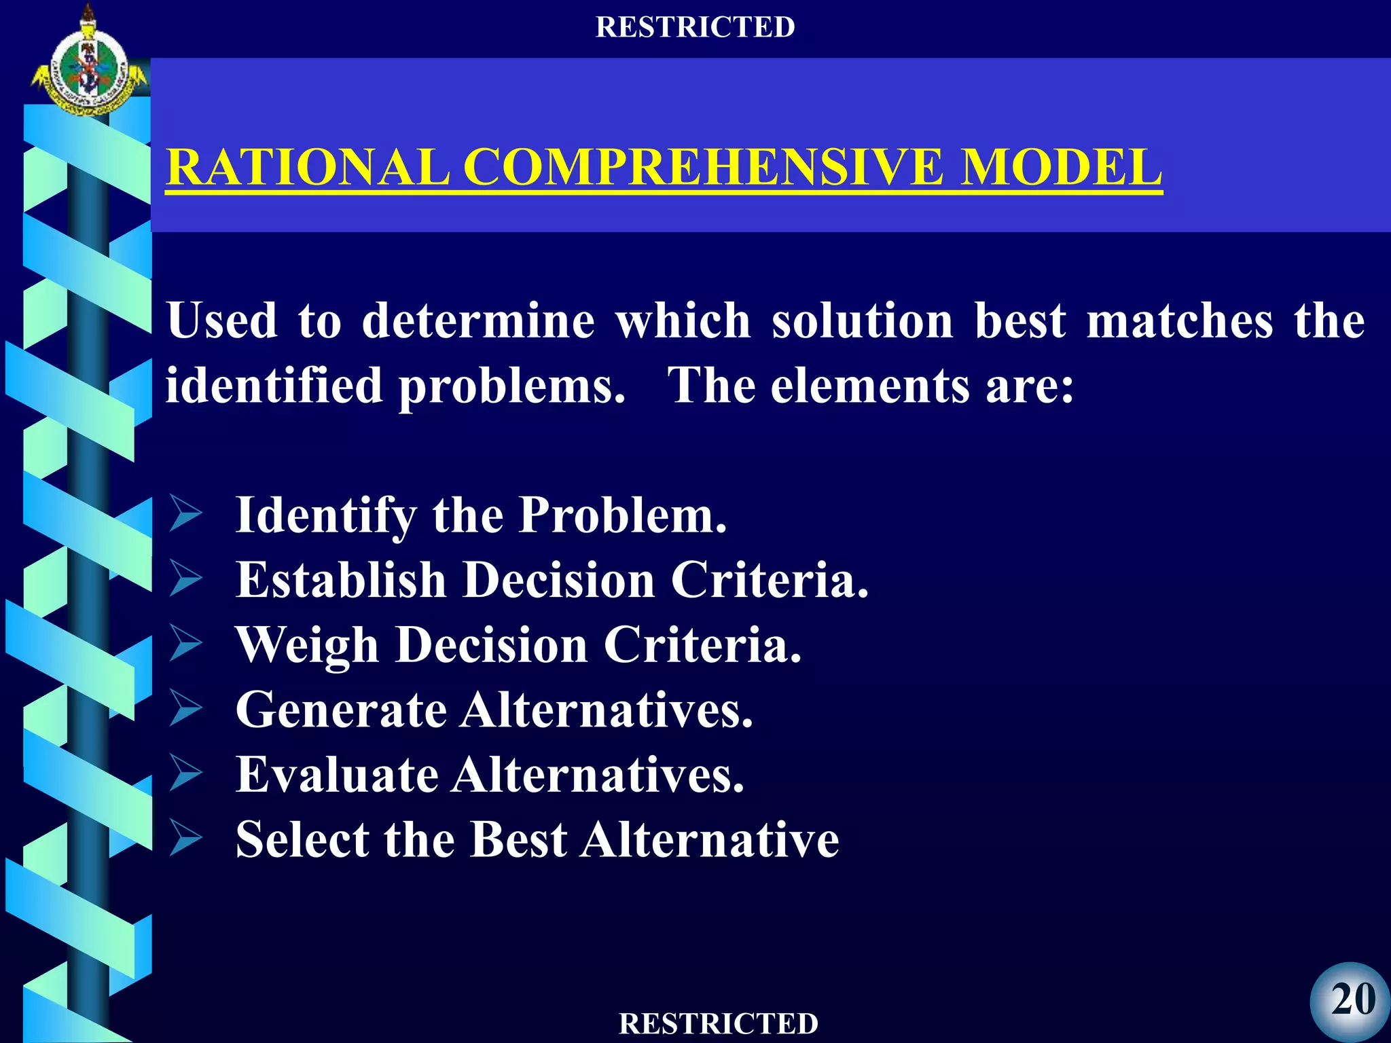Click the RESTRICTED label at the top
click(695, 27)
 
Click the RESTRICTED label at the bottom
click(719, 1023)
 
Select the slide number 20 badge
click(1352, 1000)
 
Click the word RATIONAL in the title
click(308, 167)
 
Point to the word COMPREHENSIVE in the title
click(703, 167)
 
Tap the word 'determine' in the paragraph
click(478, 321)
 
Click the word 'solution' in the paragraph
click(863, 321)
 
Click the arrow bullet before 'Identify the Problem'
click(185, 514)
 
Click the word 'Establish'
click(340, 580)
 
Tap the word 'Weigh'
click(306, 645)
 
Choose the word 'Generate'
click(341, 710)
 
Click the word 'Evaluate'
click(337, 775)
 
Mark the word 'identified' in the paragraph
click(274, 386)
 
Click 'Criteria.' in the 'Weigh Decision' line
click(702, 645)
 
